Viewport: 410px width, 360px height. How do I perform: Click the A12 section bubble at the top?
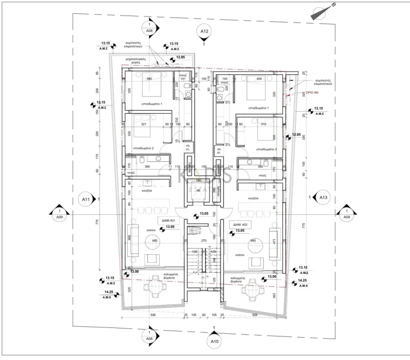(204, 32)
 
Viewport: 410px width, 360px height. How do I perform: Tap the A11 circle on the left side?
(86, 200)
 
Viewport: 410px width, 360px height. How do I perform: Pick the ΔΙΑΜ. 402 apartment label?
(239, 224)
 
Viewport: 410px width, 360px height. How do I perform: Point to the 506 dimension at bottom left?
(153, 315)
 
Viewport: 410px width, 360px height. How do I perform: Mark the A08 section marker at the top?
(149, 28)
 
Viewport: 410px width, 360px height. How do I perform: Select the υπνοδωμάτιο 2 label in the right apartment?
(266, 150)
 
